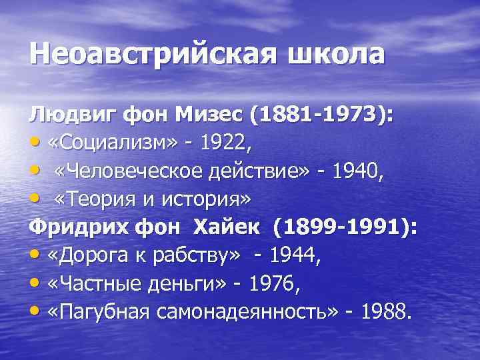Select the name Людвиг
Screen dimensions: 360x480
(71, 115)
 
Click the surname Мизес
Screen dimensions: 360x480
(212, 115)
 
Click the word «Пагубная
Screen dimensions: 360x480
(97, 311)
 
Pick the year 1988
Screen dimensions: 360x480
(383, 311)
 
